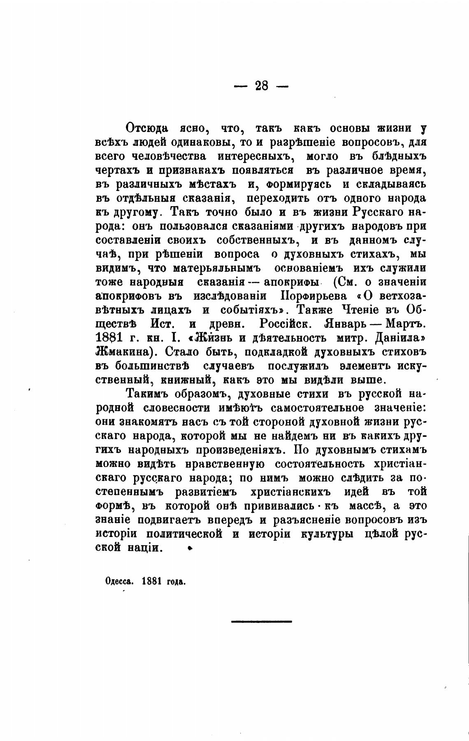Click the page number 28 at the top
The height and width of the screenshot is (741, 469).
pos(261,86)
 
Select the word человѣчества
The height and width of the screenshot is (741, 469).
pos(171,156)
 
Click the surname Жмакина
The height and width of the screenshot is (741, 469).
pos(124,352)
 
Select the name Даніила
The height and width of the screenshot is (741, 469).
pos(400,338)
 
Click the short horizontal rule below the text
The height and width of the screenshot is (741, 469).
pos(261,621)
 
